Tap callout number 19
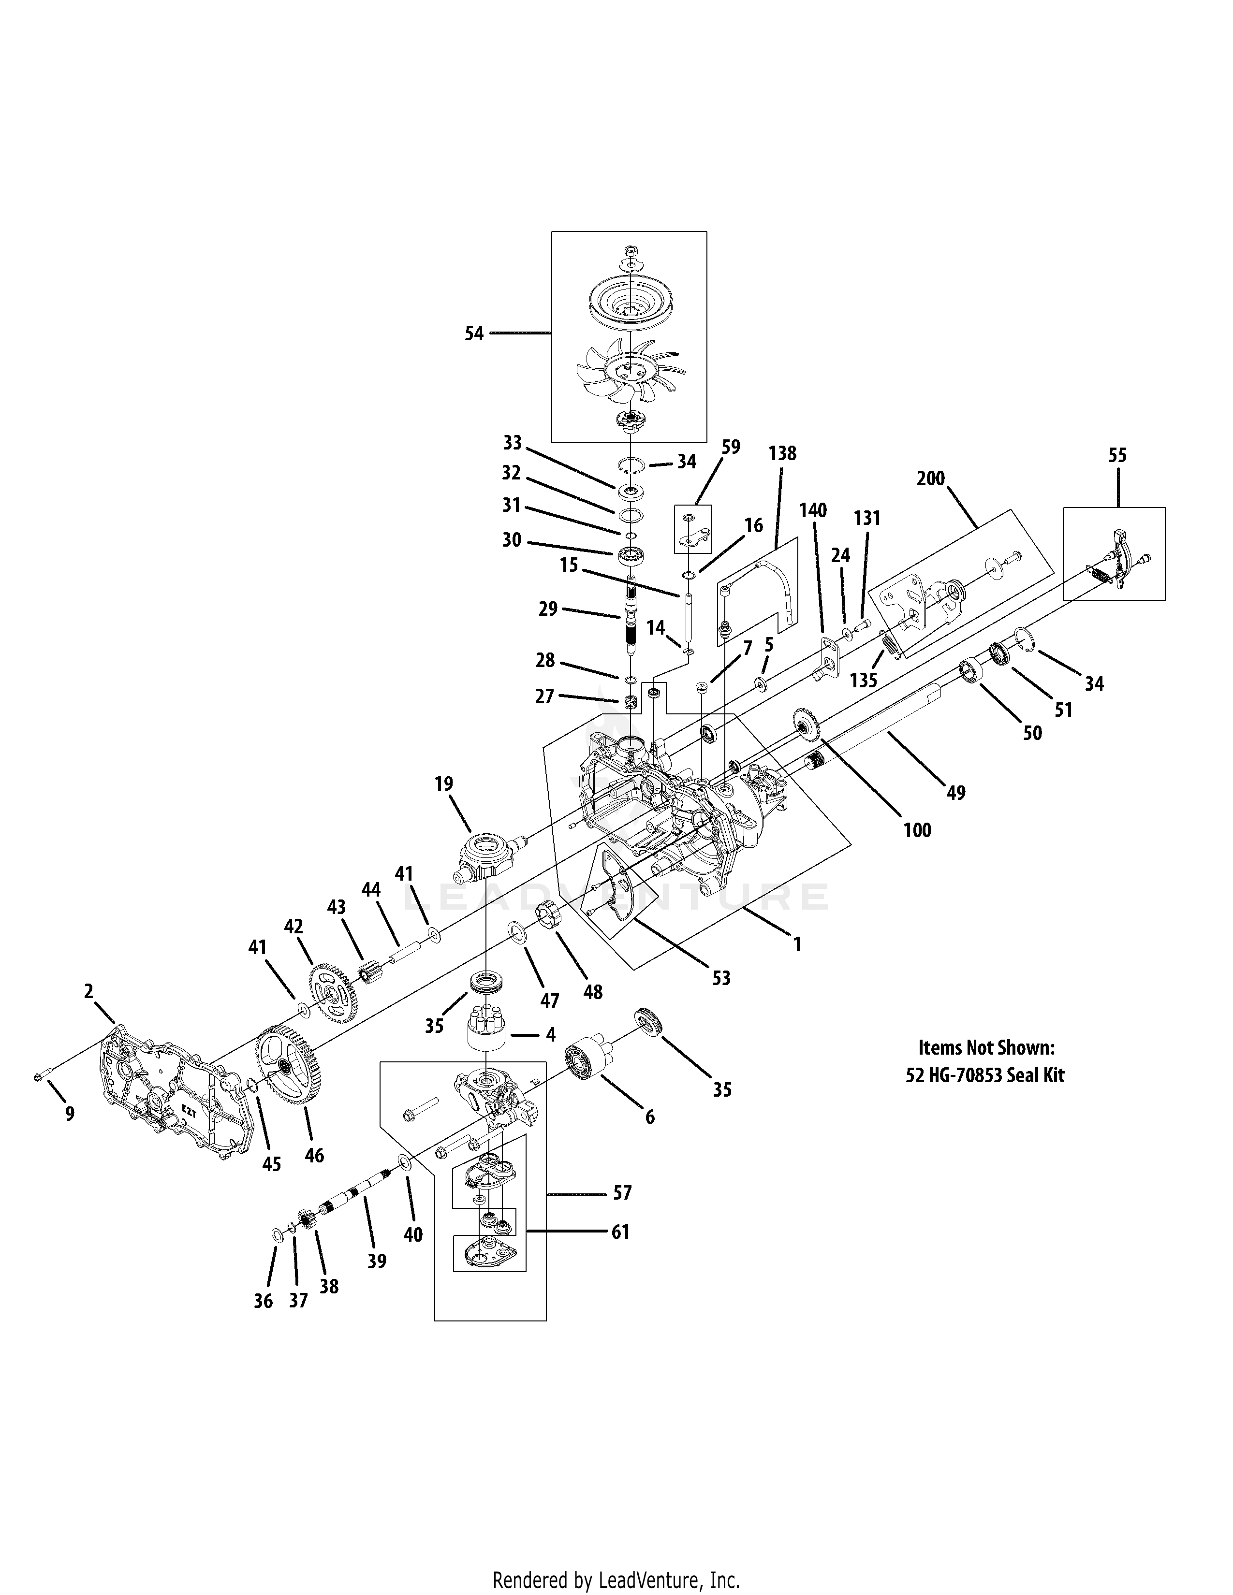(443, 783)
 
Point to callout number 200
(931, 478)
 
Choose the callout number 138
(782, 453)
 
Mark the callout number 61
(620, 1232)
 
